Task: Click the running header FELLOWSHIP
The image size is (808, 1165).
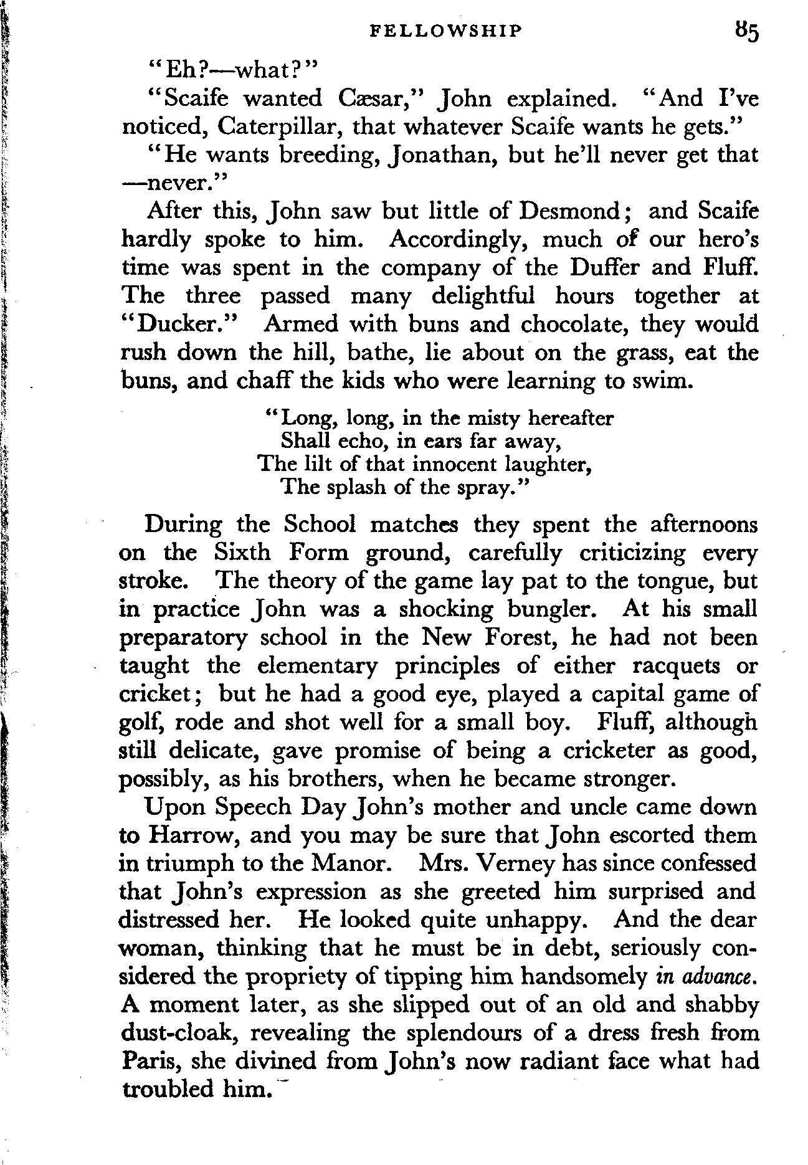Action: pos(444,31)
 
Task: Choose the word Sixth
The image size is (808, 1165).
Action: pos(242,553)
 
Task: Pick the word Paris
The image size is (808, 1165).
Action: pos(150,1061)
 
